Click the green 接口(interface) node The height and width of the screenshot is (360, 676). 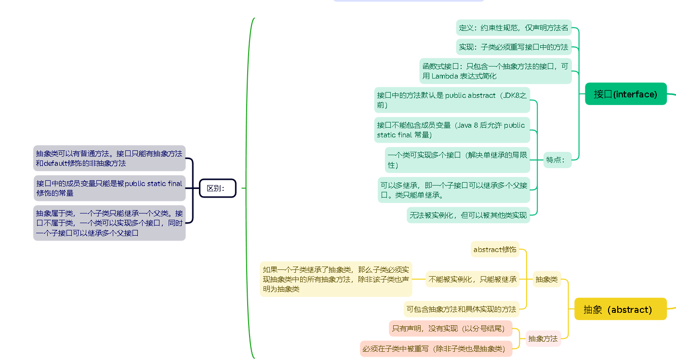click(625, 94)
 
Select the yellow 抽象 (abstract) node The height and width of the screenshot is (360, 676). click(620, 309)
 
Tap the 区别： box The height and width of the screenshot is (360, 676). click(218, 188)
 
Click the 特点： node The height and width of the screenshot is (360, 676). click(555, 160)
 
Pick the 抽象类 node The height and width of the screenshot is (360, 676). click(547, 279)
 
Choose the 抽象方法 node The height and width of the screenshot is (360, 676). click(543, 339)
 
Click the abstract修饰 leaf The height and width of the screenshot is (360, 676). click(495, 249)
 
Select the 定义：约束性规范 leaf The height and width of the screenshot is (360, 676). click(514, 27)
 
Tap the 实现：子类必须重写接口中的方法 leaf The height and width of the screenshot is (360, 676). click(514, 47)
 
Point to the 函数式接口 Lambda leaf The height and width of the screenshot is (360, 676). click(495, 71)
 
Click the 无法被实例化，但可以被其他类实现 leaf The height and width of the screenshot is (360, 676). click(468, 215)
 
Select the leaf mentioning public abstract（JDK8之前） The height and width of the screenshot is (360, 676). click(452, 100)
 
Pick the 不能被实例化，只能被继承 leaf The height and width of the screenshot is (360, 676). click(473, 279)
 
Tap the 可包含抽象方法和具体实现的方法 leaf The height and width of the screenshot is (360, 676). click(461, 309)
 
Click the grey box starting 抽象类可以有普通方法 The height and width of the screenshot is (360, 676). click(109, 158)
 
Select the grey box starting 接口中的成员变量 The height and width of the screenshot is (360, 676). click(109, 188)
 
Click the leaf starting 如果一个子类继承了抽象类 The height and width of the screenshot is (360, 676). click(336, 279)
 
